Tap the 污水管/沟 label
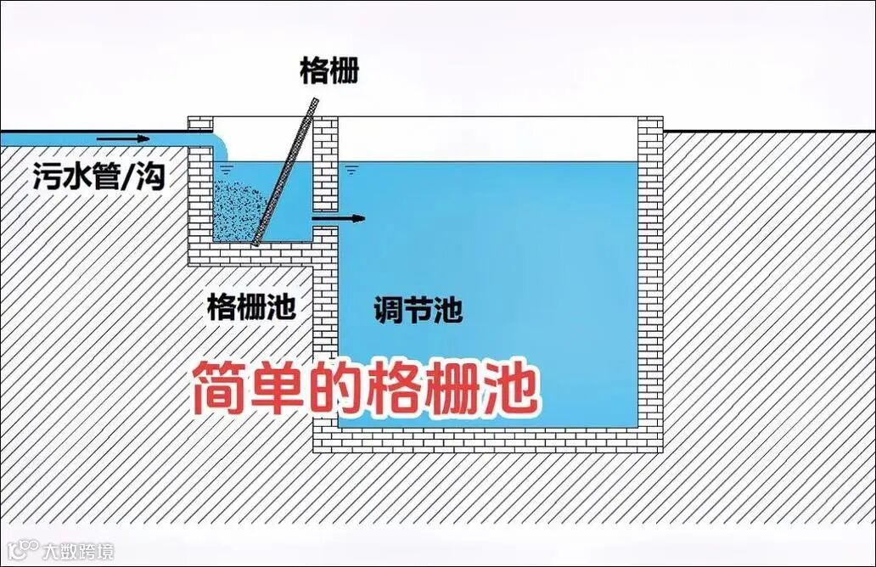98,177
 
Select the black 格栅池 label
251,306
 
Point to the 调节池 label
418,310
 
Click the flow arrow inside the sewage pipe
123,137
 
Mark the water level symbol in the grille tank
226,169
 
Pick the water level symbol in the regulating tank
351,170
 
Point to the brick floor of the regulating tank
488,440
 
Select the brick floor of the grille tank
255,252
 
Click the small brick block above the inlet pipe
199,124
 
